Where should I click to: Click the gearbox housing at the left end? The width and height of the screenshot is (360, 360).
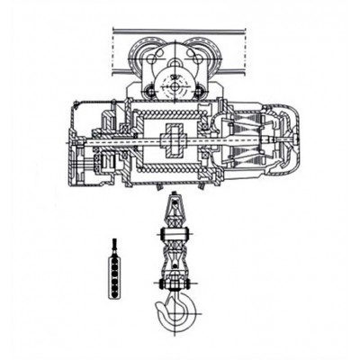click(85, 144)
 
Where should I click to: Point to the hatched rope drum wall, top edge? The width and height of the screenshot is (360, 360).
click(171, 117)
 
